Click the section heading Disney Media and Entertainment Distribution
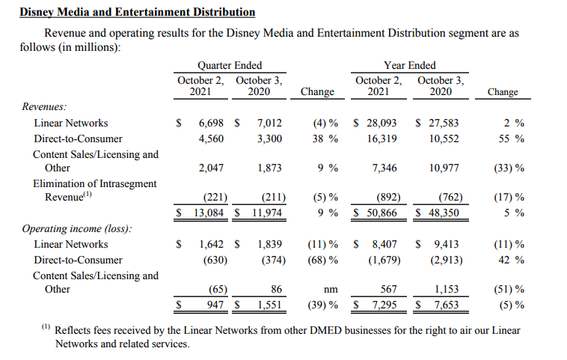[x=137, y=12]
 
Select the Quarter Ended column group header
[x=229, y=66]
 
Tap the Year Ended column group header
[x=409, y=66]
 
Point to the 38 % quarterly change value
[x=322, y=138]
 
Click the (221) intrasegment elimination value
[x=215, y=198]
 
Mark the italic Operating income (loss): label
[x=76, y=229]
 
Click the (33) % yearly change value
[x=509, y=168]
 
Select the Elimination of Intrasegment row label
[x=95, y=183]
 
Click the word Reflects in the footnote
[x=73, y=330]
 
